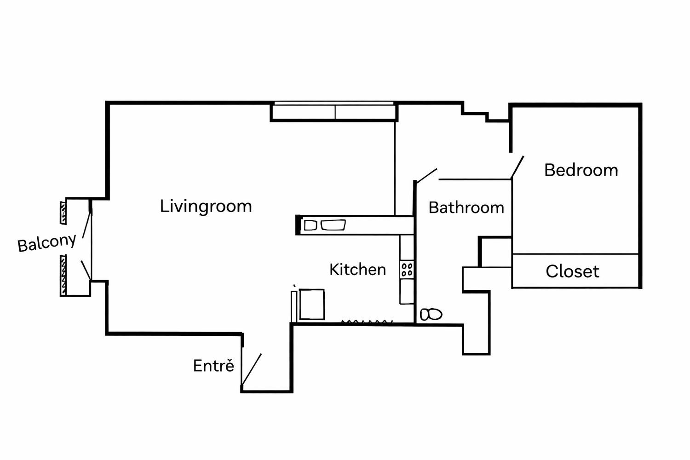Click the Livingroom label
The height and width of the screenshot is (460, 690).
click(x=206, y=206)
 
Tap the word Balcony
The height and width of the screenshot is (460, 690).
click(x=47, y=243)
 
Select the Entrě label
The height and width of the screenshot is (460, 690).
click(x=213, y=365)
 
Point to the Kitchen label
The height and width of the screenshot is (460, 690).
click(x=357, y=270)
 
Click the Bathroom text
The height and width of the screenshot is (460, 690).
click(x=466, y=207)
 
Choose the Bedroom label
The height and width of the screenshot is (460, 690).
click(x=581, y=170)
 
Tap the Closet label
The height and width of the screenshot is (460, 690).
click(x=573, y=271)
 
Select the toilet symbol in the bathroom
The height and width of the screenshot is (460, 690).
click(x=431, y=314)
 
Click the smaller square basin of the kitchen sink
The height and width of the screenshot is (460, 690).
click(x=310, y=225)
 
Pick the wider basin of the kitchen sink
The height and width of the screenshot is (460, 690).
click(x=333, y=225)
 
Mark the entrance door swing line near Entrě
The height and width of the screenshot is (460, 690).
click(x=252, y=369)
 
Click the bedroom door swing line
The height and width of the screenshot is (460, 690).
click(x=517, y=167)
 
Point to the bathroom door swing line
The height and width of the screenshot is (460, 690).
click(x=426, y=175)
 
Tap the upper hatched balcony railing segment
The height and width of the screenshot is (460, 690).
click(x=63, y=213)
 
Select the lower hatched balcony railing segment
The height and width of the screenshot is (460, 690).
click(x=63, y=275)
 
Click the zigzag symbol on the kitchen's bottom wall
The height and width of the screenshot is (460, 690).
click(x=367, y=322)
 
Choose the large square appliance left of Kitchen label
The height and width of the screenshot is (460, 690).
click(x=312, y=304)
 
